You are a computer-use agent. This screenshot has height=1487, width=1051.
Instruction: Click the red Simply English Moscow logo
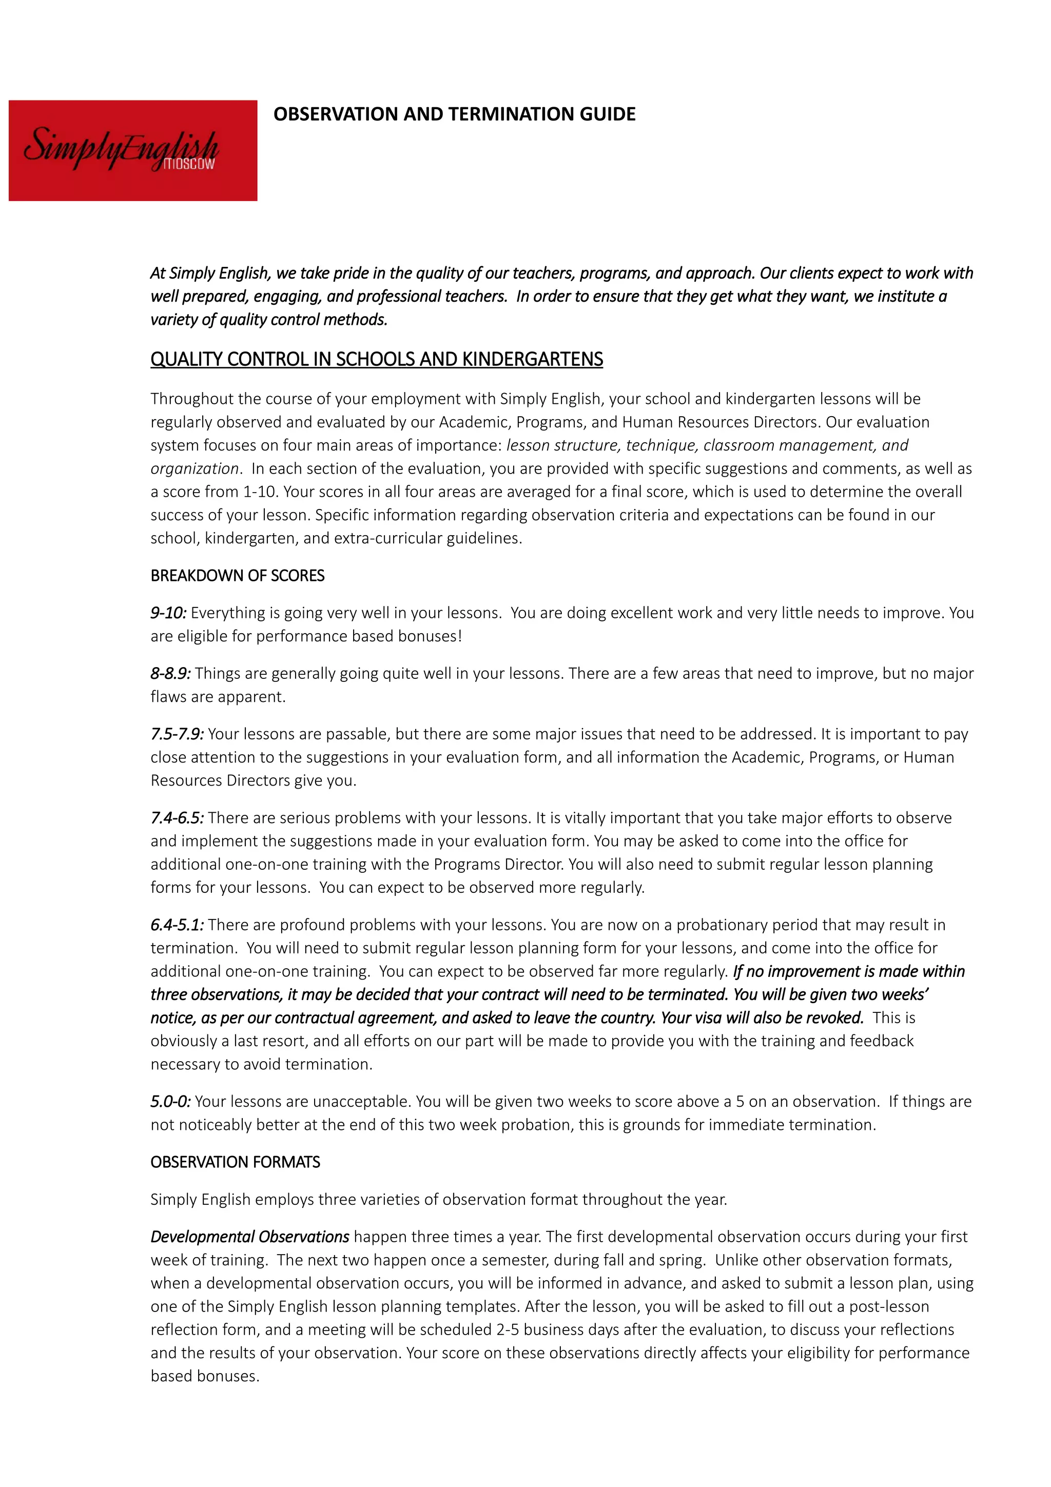133,150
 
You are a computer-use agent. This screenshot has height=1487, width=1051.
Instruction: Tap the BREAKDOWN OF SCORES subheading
237,575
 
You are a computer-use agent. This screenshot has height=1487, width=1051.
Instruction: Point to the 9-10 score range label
168,613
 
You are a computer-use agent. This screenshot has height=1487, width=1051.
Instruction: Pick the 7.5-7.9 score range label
177,734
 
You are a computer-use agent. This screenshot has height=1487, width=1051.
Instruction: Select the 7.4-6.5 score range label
177,817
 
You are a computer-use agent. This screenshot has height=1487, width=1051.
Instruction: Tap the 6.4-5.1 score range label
177,924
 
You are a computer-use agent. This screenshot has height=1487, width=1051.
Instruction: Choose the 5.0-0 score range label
170,1101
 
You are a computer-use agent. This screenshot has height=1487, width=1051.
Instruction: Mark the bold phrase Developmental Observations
250,1237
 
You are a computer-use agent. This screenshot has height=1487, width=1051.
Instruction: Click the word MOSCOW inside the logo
188,165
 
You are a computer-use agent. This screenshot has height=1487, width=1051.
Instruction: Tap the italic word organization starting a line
194,468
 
